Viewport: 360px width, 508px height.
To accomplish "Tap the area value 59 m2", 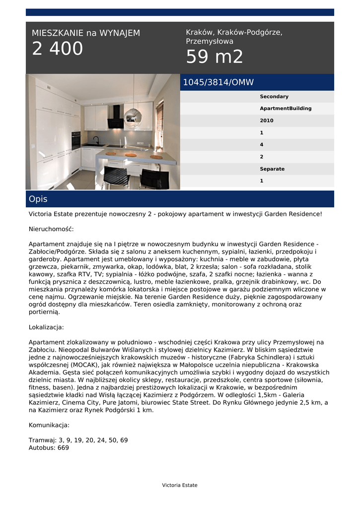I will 215,57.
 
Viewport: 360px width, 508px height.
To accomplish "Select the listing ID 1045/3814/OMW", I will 218,82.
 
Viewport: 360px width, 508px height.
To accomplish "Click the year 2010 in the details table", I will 267,121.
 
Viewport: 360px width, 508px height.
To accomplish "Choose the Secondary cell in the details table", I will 274,97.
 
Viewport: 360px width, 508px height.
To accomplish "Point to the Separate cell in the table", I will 272,169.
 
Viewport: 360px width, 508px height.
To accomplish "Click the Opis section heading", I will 38,199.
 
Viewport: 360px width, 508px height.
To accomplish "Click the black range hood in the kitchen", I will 116,117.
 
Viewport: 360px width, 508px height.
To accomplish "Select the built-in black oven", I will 76,140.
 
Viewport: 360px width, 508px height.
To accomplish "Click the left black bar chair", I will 116,177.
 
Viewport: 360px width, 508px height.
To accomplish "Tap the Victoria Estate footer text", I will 180,485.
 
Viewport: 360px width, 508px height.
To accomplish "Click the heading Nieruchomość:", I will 51,229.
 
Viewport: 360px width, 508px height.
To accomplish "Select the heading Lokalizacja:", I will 46,327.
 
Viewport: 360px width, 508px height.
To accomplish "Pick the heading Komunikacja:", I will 49,425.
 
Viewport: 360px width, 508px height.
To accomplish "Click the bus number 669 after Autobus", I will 63,447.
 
